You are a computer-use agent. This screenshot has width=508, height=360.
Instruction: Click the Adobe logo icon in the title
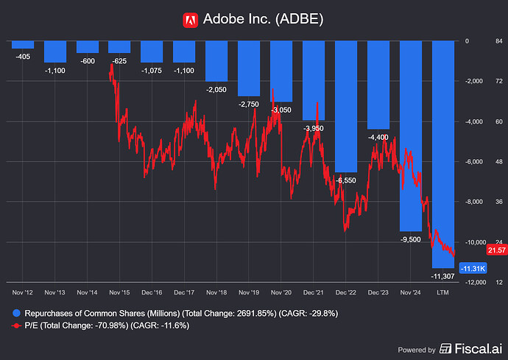(190, 19)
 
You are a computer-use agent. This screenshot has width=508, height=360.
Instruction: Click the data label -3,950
(314, 128)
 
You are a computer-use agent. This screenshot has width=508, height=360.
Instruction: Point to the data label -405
(23, 55)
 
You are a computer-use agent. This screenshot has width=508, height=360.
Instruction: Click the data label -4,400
(378, 137)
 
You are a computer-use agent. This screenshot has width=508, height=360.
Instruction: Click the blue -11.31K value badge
(471, 269)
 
